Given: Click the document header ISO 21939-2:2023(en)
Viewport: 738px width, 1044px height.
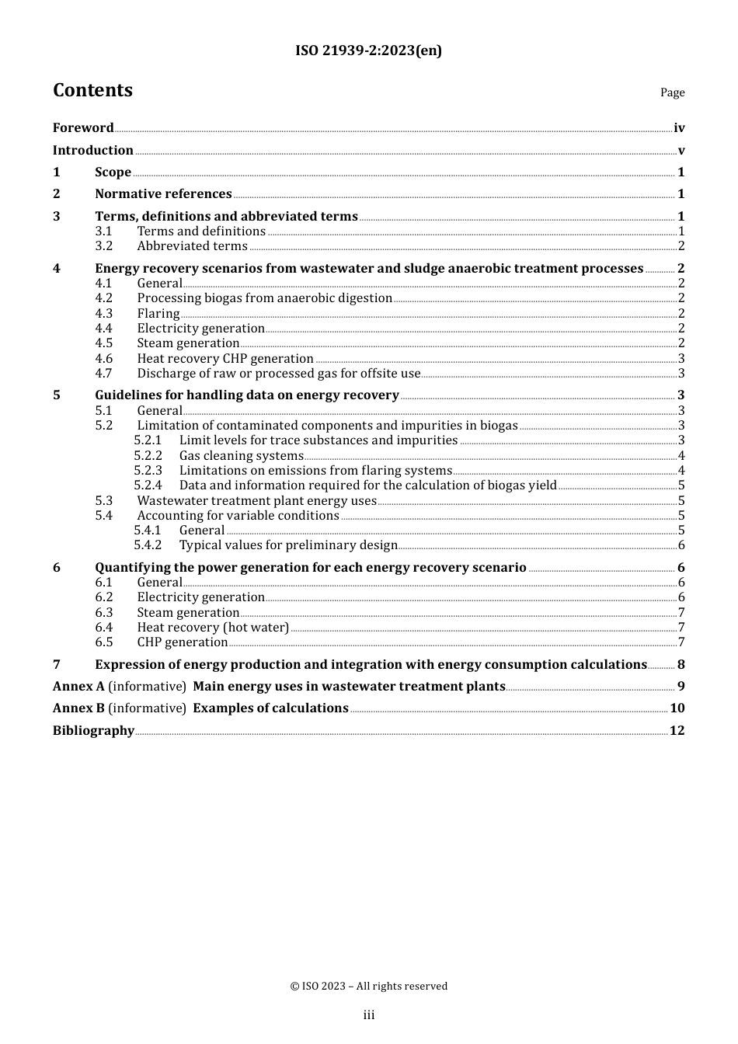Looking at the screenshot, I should pos(368,51).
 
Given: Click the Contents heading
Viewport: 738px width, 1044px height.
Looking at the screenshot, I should pos(92,90).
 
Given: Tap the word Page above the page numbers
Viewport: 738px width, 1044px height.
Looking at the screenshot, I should pos(672,92).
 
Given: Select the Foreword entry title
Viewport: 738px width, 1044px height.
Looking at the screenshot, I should pos(83,128).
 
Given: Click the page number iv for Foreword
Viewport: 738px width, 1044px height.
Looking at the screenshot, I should pos(679,128).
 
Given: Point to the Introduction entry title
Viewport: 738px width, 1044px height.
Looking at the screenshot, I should pos(93,151).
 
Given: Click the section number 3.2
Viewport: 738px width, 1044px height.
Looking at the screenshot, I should pos(104,246).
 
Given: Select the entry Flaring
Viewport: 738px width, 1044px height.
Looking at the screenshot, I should pos(158,314).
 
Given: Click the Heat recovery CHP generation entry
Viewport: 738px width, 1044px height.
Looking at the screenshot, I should pos(225,359).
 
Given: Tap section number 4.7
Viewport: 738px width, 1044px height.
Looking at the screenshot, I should pos(104,374).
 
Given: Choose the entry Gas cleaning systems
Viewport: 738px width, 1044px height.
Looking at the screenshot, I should pos(241,456).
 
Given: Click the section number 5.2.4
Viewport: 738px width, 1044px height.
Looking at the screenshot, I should pos(148,485).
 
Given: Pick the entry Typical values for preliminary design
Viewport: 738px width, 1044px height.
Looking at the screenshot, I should pos(288,545).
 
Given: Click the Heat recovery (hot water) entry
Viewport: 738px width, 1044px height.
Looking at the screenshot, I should pos(213,628).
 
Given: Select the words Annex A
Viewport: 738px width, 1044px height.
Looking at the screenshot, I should pos(78,687).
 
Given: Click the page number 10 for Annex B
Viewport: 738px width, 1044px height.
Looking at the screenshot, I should pos(677,708).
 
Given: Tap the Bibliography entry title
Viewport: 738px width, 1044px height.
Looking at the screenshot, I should pos(93,731).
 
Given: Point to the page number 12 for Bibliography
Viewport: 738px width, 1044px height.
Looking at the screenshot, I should pos(677,731).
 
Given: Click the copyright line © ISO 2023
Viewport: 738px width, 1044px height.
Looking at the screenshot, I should pos(368,987).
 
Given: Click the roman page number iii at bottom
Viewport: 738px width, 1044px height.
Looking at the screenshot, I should pos(369,1015).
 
